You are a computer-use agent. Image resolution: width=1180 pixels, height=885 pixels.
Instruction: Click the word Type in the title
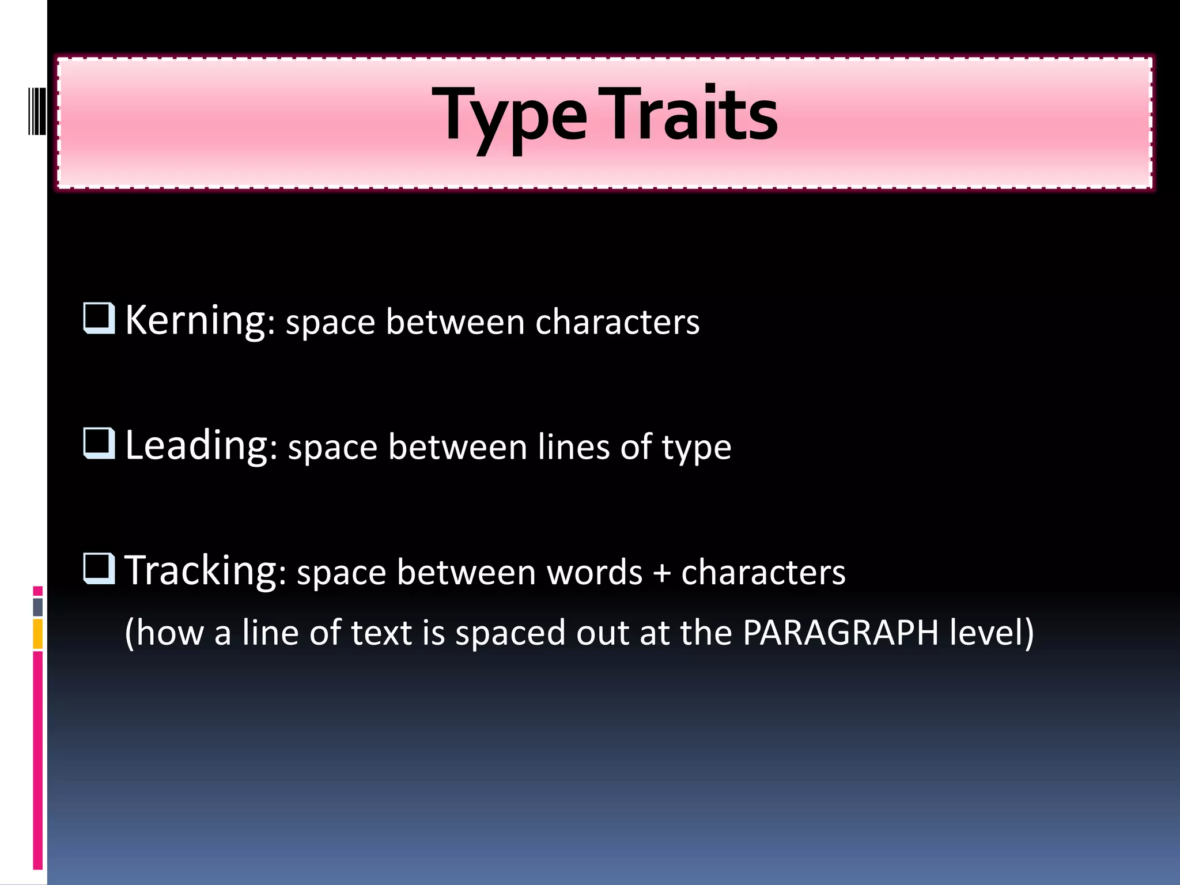pos(509,115)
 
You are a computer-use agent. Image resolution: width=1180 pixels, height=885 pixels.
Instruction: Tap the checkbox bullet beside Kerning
pos(99,318)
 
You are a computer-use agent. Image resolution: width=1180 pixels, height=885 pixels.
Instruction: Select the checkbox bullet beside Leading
pos(99,443)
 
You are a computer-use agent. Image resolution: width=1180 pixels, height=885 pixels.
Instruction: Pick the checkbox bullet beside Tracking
pos(99,568)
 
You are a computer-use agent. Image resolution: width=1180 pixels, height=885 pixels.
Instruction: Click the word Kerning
pos(195,320)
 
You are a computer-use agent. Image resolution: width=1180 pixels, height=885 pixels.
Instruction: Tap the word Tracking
pos(201,570)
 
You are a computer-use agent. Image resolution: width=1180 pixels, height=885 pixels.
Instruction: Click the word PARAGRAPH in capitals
pos(841,633)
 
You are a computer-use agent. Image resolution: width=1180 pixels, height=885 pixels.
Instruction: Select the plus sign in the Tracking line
pos(661,574)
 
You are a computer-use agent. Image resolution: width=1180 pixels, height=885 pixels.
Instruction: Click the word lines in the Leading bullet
pos(573,447)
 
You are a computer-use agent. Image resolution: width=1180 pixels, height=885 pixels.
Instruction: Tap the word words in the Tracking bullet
pos(594,573)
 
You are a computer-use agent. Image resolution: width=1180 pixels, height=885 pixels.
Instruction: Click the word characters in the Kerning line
pos(617,322)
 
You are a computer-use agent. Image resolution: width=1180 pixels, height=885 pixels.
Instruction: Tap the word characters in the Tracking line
pos(763,573)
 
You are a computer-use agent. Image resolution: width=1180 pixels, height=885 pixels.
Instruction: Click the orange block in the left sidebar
pos(37,634)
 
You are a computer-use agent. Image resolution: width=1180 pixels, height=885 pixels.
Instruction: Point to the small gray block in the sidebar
pos(37,607)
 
